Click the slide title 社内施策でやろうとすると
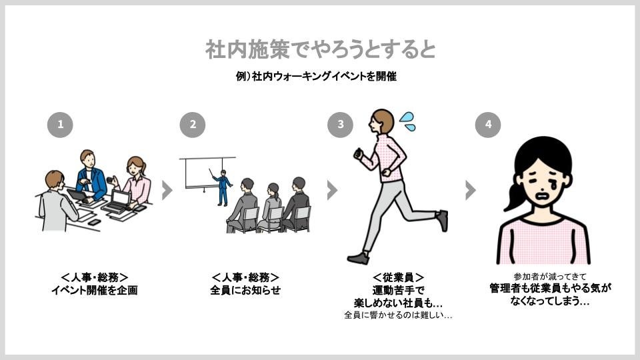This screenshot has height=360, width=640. click(x=321, y=49)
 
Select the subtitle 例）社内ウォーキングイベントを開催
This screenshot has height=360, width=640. click(x=316, y=76)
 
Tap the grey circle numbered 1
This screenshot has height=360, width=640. click(x=60, y=125)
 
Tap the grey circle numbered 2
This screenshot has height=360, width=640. click(x=193, y=125)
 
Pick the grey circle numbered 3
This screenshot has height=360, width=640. click(x=341, y=125)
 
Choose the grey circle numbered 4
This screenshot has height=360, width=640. click(x=488, y=125)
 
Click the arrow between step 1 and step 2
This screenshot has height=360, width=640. click(x=167, y=190)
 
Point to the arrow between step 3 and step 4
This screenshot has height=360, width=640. click(x=471, y=190)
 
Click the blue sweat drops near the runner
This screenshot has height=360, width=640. click(x=407, y=121)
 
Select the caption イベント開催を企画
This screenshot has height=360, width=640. click(x=94, y=290)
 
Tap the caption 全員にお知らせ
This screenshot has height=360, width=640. click(x=245, y=290)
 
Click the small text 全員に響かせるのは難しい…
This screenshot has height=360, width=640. click(x=398, y=315)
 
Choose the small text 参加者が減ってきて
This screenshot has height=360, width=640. click(x=549, y=277)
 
